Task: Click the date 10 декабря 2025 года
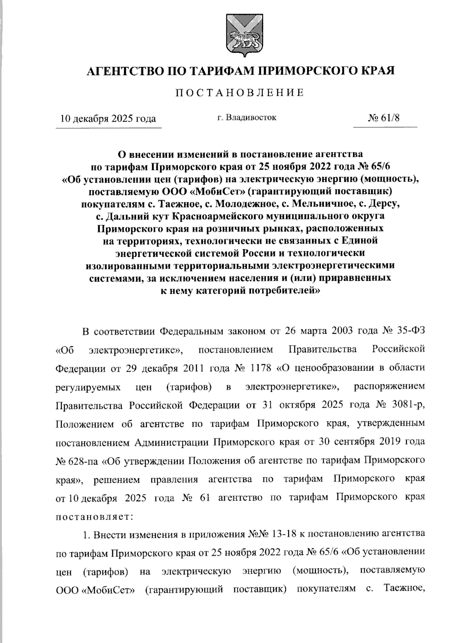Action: (108, 119)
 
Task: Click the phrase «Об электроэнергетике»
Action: (120, 349)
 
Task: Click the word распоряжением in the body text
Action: (389, 386)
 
